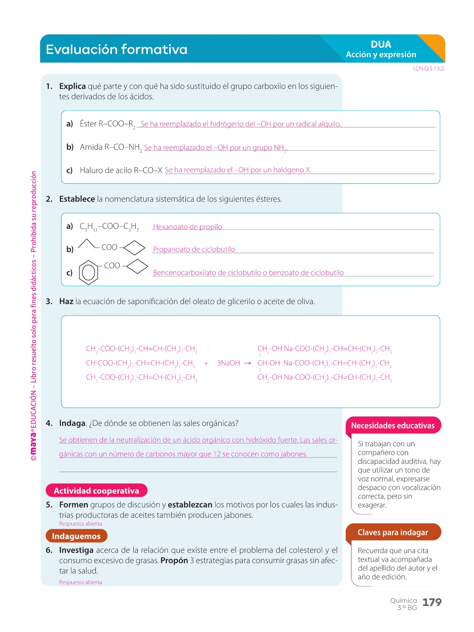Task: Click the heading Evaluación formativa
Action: pyautogui.click(x=117, y=50)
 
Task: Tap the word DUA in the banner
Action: pyautogui.click(x=381, y=45)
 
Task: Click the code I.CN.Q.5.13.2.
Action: pyautogui.click(x=429, y=69)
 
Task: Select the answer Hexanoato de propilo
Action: pyautogui.click(x=187, y=227)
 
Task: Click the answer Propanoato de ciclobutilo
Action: pyautogui.click(x=194, y=249)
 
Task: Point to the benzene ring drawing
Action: pyautogui.click(x=88, y=272)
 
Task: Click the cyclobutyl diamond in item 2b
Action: pyautogui.click(x=134, y=248)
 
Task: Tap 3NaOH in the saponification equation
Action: pyautogui.click(x=229, y=363)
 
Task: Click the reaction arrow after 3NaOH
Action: pyautogui.click(x=248, y=363)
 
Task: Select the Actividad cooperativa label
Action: pyautogui.click(x=97, y=491)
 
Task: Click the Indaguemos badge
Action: pyautogui.click(x=76, y=536)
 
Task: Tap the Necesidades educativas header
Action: pyautogui.click(x=393, y=426)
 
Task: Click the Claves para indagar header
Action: pyautogui.click(x=393, y=532)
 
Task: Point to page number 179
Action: pyautogui.click(x=432, y=603)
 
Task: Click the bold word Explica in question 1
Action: pyautogui.click(x=72, y=86)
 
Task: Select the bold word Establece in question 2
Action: pyautogui.click(x=77, y=199)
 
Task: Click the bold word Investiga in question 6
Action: pyautogui.click(x=76, y=550)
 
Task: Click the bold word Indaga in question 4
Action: pyautogui.click(x=72, y=423)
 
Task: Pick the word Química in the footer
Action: pyautogui.click(x=403, y=601)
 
